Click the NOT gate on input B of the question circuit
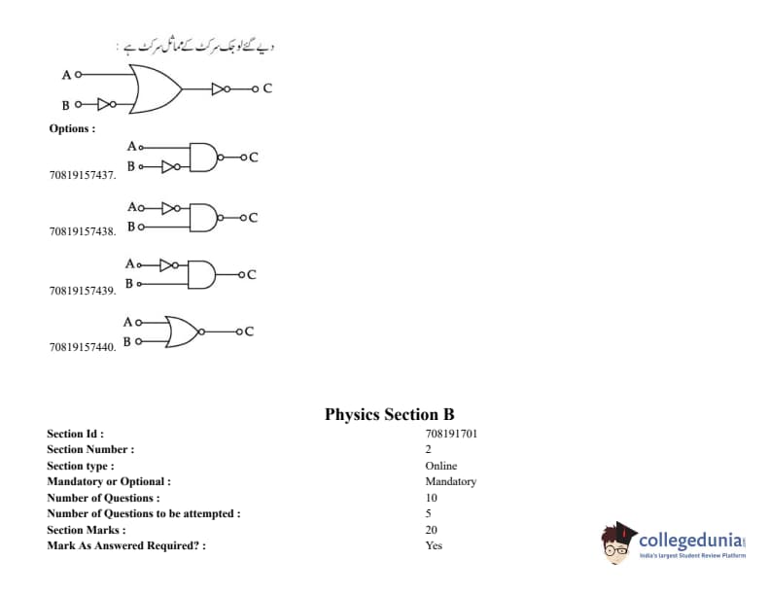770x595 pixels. (106, 104)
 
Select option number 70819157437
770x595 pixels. (83, 175)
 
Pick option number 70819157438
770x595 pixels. (83, 231)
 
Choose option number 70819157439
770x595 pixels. (83, 290)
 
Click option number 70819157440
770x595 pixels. (83, 346)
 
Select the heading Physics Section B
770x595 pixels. (389, 414)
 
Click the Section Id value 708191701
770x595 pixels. (451, 434)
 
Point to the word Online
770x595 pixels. (440, 466)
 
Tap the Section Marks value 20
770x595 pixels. (432, 530)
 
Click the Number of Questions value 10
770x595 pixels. (432, 498)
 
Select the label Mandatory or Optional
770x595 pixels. (109, 481)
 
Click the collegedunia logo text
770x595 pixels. (692, 540)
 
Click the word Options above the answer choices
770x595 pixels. (72, 128)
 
